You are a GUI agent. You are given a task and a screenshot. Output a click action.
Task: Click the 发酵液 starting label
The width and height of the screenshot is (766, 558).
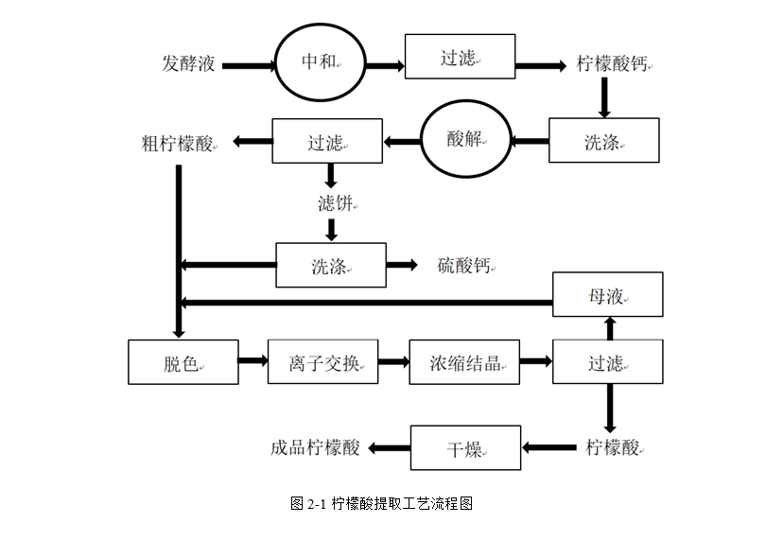(189, 64)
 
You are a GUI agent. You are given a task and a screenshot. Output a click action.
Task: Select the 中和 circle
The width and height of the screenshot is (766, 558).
(320, 63)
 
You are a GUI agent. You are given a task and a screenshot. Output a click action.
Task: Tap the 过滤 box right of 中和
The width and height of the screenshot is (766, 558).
(460, 57)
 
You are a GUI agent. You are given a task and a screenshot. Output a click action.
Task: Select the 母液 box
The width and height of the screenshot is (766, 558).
(607, 296)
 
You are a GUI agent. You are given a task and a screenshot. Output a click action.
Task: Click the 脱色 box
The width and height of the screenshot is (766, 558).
(183, 362)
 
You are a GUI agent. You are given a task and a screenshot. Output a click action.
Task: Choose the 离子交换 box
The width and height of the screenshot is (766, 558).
(322, 362)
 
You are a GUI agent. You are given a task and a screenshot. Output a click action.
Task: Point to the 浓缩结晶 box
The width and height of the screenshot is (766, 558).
(464, 362)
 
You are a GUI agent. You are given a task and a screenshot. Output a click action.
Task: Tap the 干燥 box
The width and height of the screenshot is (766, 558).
(465, 448)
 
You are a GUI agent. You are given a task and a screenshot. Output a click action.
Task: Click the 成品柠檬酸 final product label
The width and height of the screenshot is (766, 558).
(315, 448)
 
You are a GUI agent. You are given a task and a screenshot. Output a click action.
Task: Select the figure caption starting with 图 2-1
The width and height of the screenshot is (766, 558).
(381, 504)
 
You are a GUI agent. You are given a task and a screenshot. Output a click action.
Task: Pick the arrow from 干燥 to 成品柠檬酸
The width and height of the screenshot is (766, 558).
(389, 448)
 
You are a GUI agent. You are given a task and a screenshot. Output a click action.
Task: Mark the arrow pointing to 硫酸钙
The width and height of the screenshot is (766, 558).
(403, 266)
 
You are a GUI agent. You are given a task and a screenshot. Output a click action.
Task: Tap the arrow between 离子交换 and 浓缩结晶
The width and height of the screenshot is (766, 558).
(393, 361)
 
